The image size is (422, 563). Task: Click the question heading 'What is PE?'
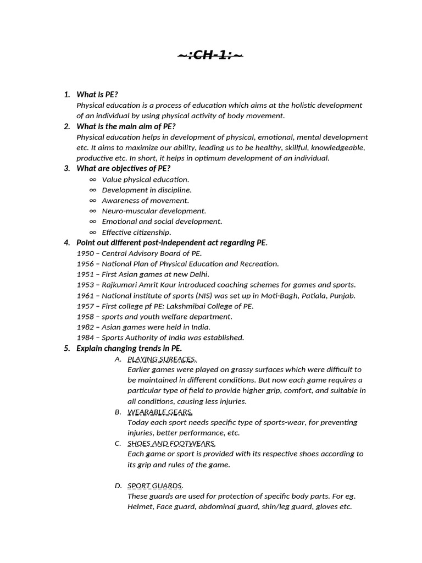click(x=97, y=95)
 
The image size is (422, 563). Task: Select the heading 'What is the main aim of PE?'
click(x=126, y=126)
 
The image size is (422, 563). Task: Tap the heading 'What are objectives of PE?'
click(x=123, y=168)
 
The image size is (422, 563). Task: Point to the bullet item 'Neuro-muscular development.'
click(x=154, y=211)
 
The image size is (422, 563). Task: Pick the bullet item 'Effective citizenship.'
click(x=136, y=232)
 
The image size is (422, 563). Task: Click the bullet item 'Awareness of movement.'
click(x=145, y=200)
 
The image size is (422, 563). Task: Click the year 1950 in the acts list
click(x=85, y=253)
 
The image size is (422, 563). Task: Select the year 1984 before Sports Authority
click(x=85, y=338)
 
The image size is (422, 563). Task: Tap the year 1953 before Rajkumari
click(x=85, y=285)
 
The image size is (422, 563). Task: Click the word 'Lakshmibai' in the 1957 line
click(x=190, y=306)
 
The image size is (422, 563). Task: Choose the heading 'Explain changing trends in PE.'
click(x=129, y=348)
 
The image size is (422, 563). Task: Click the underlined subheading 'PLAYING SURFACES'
click(x=162, y=359)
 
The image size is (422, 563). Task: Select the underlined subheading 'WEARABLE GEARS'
click(x=160, y=412)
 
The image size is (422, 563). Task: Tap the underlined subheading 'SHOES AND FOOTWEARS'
click(x=171, y=443)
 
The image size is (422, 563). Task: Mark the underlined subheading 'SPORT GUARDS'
click(x=155, y=485)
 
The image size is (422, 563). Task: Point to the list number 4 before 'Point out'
click(x=66, y=242)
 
